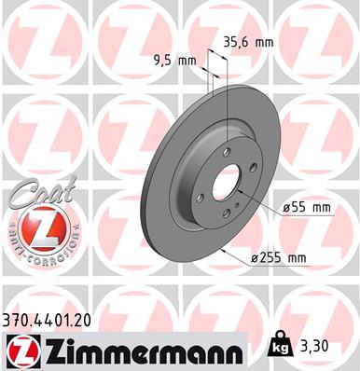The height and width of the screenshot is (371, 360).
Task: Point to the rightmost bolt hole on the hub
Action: click(253, 169)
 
